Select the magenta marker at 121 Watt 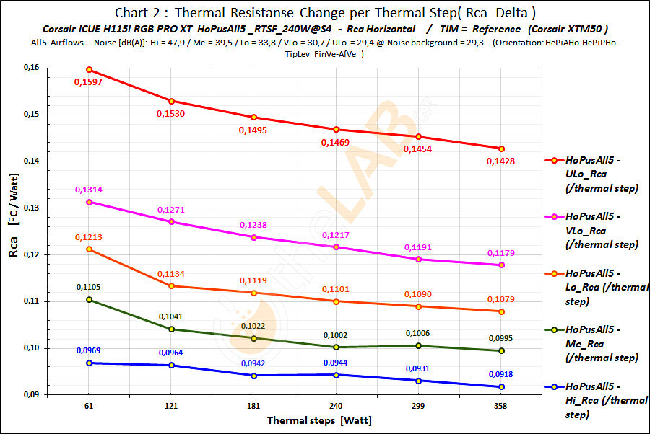(171, 221)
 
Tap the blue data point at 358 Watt (501, 387)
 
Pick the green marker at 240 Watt (337, 347)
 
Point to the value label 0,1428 (501, 161)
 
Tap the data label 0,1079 (501, 299)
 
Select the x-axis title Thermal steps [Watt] (319, 420)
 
